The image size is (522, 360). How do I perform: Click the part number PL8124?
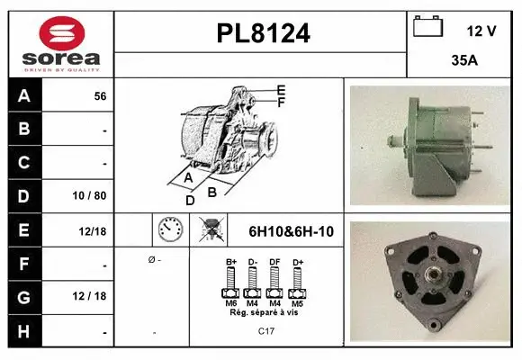263,33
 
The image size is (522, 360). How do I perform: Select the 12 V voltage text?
481,31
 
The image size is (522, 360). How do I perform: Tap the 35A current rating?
463,63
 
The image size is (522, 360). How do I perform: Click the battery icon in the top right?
428,28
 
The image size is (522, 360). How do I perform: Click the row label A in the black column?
22,95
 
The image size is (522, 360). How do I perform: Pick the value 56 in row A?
100,96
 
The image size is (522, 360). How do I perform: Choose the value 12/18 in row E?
93,231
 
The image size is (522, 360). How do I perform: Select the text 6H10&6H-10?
291,231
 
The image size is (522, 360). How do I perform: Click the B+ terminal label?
230,263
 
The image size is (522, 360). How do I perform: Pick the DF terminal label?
274,263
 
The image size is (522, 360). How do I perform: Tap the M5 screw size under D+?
296,303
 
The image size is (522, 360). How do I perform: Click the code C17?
267,332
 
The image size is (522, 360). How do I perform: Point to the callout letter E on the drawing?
281,89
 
